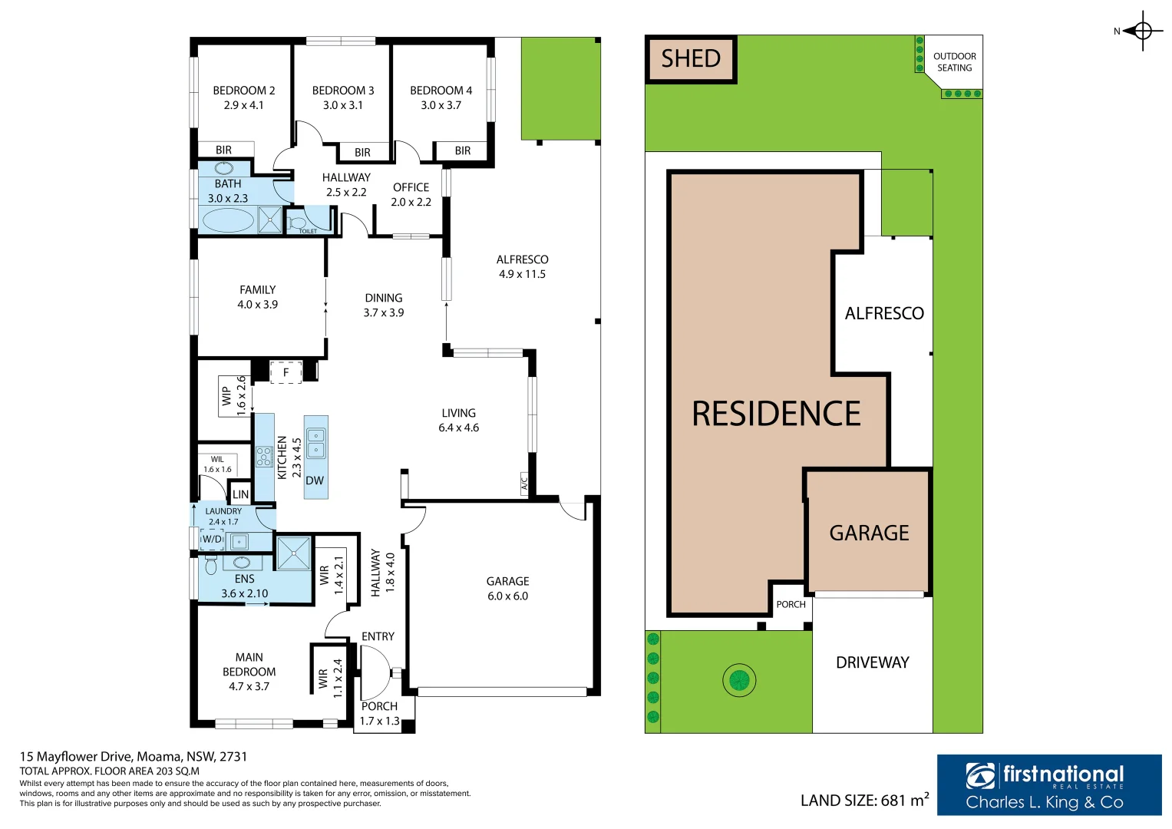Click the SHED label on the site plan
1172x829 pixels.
691,59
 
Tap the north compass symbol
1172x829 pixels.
1142,31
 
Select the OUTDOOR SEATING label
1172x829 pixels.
954,62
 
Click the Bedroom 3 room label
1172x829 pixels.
343,97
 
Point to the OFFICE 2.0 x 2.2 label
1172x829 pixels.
411,195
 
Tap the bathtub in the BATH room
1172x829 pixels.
228,220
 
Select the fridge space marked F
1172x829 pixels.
286,372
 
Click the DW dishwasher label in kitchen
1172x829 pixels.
315,481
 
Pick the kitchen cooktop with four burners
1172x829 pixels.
264,457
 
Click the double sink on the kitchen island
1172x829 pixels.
315,443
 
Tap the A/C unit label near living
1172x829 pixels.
525,484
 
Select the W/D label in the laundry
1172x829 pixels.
212,540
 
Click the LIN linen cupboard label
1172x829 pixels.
240,494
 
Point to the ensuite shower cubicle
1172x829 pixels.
293,553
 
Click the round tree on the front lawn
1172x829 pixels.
739,679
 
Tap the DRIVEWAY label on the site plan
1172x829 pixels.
872,662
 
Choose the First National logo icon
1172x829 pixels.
981,776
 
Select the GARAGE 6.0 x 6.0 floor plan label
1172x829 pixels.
507,589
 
